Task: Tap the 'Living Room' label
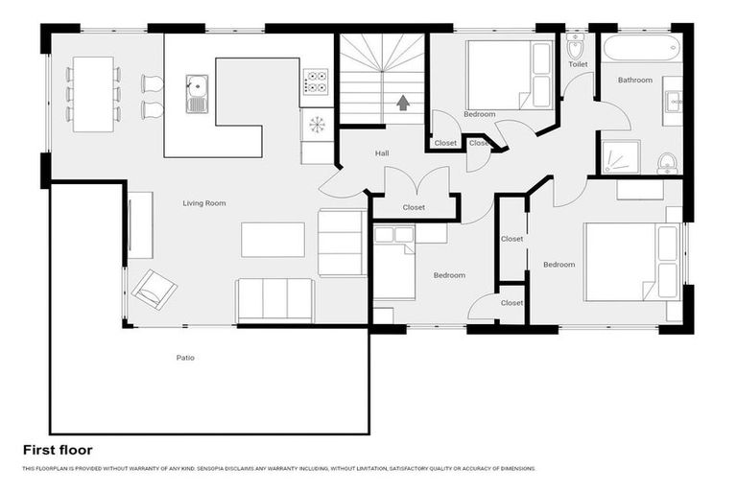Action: [204, 203]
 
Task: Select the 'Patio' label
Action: [185, 358]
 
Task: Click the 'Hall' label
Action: [382, 153]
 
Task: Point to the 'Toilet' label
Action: [578, 64]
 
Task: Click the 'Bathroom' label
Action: [634, 81]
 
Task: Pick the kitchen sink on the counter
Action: [197, 93]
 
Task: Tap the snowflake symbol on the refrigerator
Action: [316, 125]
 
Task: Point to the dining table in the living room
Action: [93, 94]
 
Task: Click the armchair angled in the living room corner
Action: [154, 288]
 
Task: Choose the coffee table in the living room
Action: [273, 240]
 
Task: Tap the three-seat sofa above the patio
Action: [274, 300]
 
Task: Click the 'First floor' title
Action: [58, 449]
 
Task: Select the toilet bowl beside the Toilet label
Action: [576, 46]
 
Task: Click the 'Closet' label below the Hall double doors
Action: [414, 207]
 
